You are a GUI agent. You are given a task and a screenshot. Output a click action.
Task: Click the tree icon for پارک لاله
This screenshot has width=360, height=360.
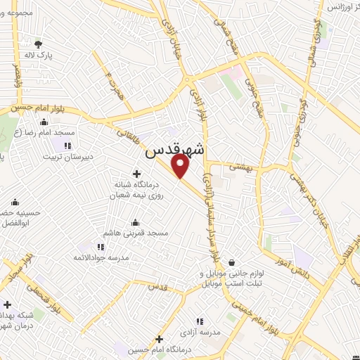[38, 42]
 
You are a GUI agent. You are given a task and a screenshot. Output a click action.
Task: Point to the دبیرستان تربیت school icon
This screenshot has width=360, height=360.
[67, 146]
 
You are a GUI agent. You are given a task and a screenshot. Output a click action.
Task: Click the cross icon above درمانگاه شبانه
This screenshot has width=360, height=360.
[136, 173]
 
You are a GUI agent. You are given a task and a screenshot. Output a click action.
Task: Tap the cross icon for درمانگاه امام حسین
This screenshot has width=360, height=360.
[160, 338]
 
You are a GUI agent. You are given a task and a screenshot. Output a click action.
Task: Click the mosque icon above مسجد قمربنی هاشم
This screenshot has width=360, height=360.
[136, 222]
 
